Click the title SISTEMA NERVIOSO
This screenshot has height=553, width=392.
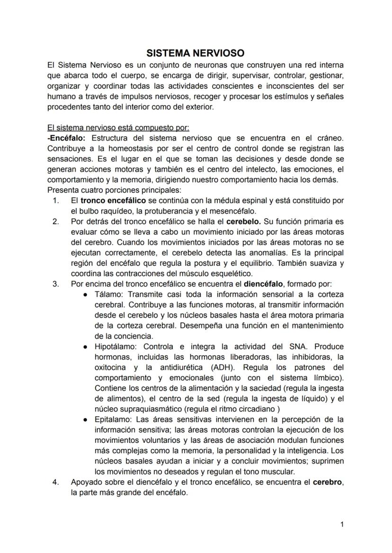point(195,53)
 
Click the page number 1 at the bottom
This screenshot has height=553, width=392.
point(342,524)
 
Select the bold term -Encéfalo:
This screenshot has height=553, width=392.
point(66,138)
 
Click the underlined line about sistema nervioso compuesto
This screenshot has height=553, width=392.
point(118,128)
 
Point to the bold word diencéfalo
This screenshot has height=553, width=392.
point(263,284)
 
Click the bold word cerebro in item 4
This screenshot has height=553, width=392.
point(328,483)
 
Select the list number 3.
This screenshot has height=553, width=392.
point(56,284)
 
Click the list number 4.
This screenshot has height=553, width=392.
point(56,483)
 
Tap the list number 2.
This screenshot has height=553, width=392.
point(56,221)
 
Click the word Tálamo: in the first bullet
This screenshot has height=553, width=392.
point(109,294)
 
